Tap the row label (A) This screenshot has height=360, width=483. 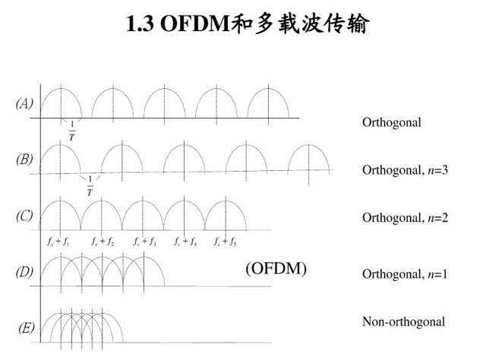pos(24,104)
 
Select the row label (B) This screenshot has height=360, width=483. pos(24,159)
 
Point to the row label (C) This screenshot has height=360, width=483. pos(24,216)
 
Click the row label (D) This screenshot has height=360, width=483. pos(24,270)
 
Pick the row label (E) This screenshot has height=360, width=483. pos(26,327)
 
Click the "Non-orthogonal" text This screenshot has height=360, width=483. pos(403,322)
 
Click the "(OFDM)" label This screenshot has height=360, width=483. pos(276,268)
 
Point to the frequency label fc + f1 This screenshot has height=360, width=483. pos(58,242)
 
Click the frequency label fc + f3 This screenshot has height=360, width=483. pos(144,242)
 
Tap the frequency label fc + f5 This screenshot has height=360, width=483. pos(226,242)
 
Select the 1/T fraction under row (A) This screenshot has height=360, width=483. pos(71,131)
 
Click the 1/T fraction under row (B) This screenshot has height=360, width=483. pos(89,187)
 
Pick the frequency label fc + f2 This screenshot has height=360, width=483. pos(103,242)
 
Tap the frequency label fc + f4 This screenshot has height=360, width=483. pos(185,242)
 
